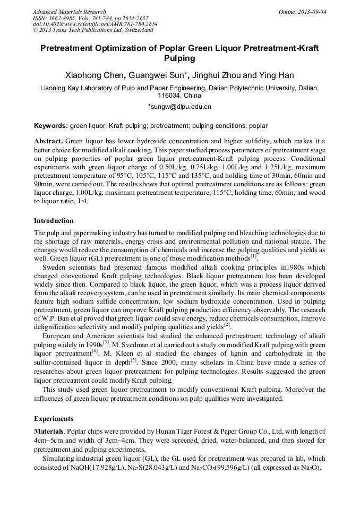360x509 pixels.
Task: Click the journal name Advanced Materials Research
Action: [x=69, y=12]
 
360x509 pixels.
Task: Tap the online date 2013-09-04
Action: [x=311, y=12]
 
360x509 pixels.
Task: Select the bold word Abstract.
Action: [x=49, y=141]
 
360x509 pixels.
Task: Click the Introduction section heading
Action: [x=54, y=220]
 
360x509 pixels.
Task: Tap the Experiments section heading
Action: [x=53, y=418]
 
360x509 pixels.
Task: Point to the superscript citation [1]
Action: [x=253, y=256]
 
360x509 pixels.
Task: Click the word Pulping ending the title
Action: [x=180, y=58]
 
